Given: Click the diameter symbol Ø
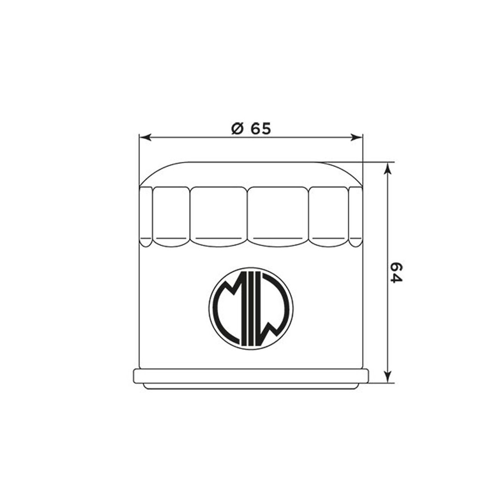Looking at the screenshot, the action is (237, 128).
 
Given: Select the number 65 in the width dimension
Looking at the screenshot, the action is (261, 128).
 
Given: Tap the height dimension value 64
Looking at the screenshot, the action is (397, 272).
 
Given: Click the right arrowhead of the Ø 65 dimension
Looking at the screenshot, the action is (356, 137).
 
